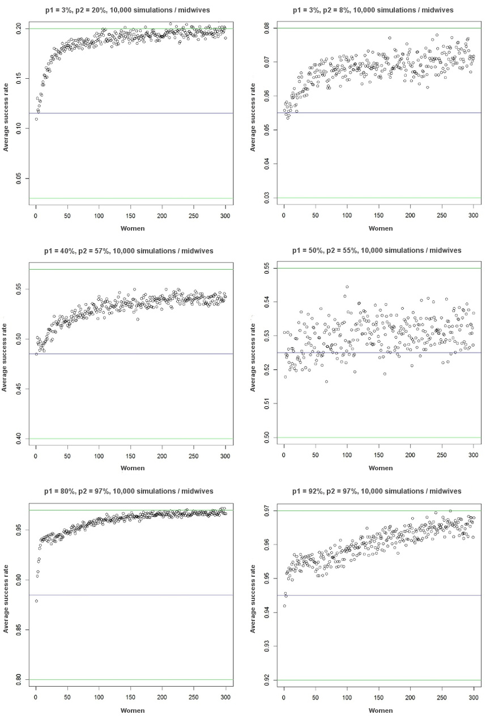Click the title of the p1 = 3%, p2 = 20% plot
pyautogui.click(x=129, y=10)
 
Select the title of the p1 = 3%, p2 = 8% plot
pyautogui.click(x=377, y=10)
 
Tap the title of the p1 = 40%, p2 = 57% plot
pyautogui.click(x=129, y=250)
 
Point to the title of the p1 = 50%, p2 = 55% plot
pyautogui.click(x=377, y=250)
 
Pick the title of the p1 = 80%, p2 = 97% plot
pyautogui.click(x=129, y=491)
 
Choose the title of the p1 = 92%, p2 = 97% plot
pyautogui.click(x=377, y=491)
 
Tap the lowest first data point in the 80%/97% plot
pyautogui.click(x=36, y=601)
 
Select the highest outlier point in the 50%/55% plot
pyautogui.click(x=347, y=287)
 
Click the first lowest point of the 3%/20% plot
pyautogui.click(x=36, y=119)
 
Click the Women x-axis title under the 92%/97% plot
pyautogui.click(x=381, y=710)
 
